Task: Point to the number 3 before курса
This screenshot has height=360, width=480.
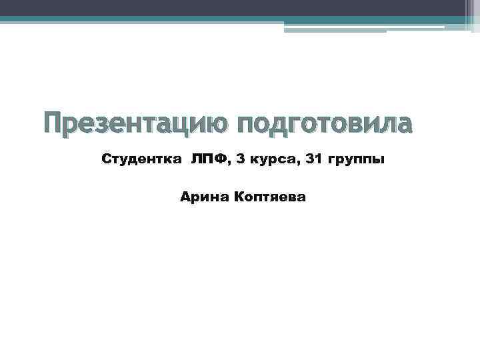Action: (241, 160)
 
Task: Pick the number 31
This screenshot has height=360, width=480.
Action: (312, 160)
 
